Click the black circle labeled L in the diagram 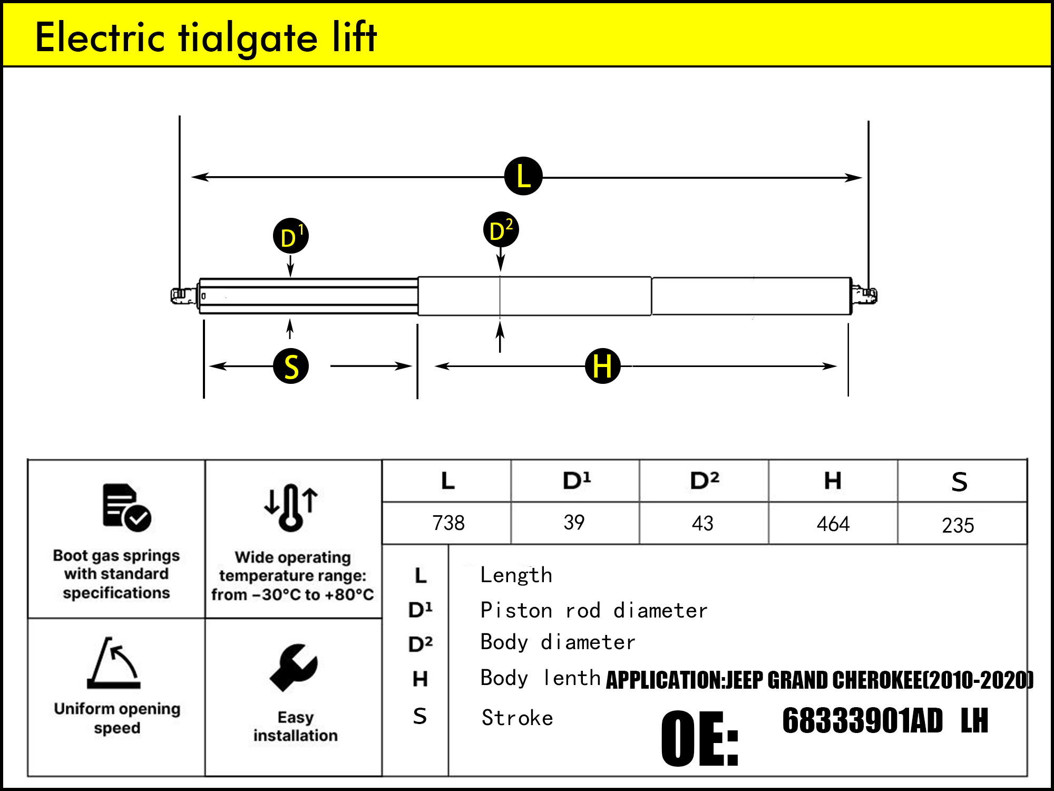(x=523, y=176)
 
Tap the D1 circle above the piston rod (x=290, y=236)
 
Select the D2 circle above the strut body (x=501, y=230)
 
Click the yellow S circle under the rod (x=291, y=366)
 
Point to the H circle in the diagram (x=602, y=365)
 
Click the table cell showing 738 (x=448, y=523)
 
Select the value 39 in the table (x=574, y=523)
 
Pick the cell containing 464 (x=833, y=524)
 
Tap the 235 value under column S (x=958, y=525)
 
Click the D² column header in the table (x=704, y=480)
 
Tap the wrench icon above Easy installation (x=294, y=667)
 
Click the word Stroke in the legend (x=517, y=718)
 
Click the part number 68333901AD (x=862, y=721)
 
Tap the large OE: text (x=699, y=738)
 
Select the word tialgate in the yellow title (x=248, y=38)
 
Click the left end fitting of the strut (x=182, y=295)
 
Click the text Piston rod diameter (x=593, y=611)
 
